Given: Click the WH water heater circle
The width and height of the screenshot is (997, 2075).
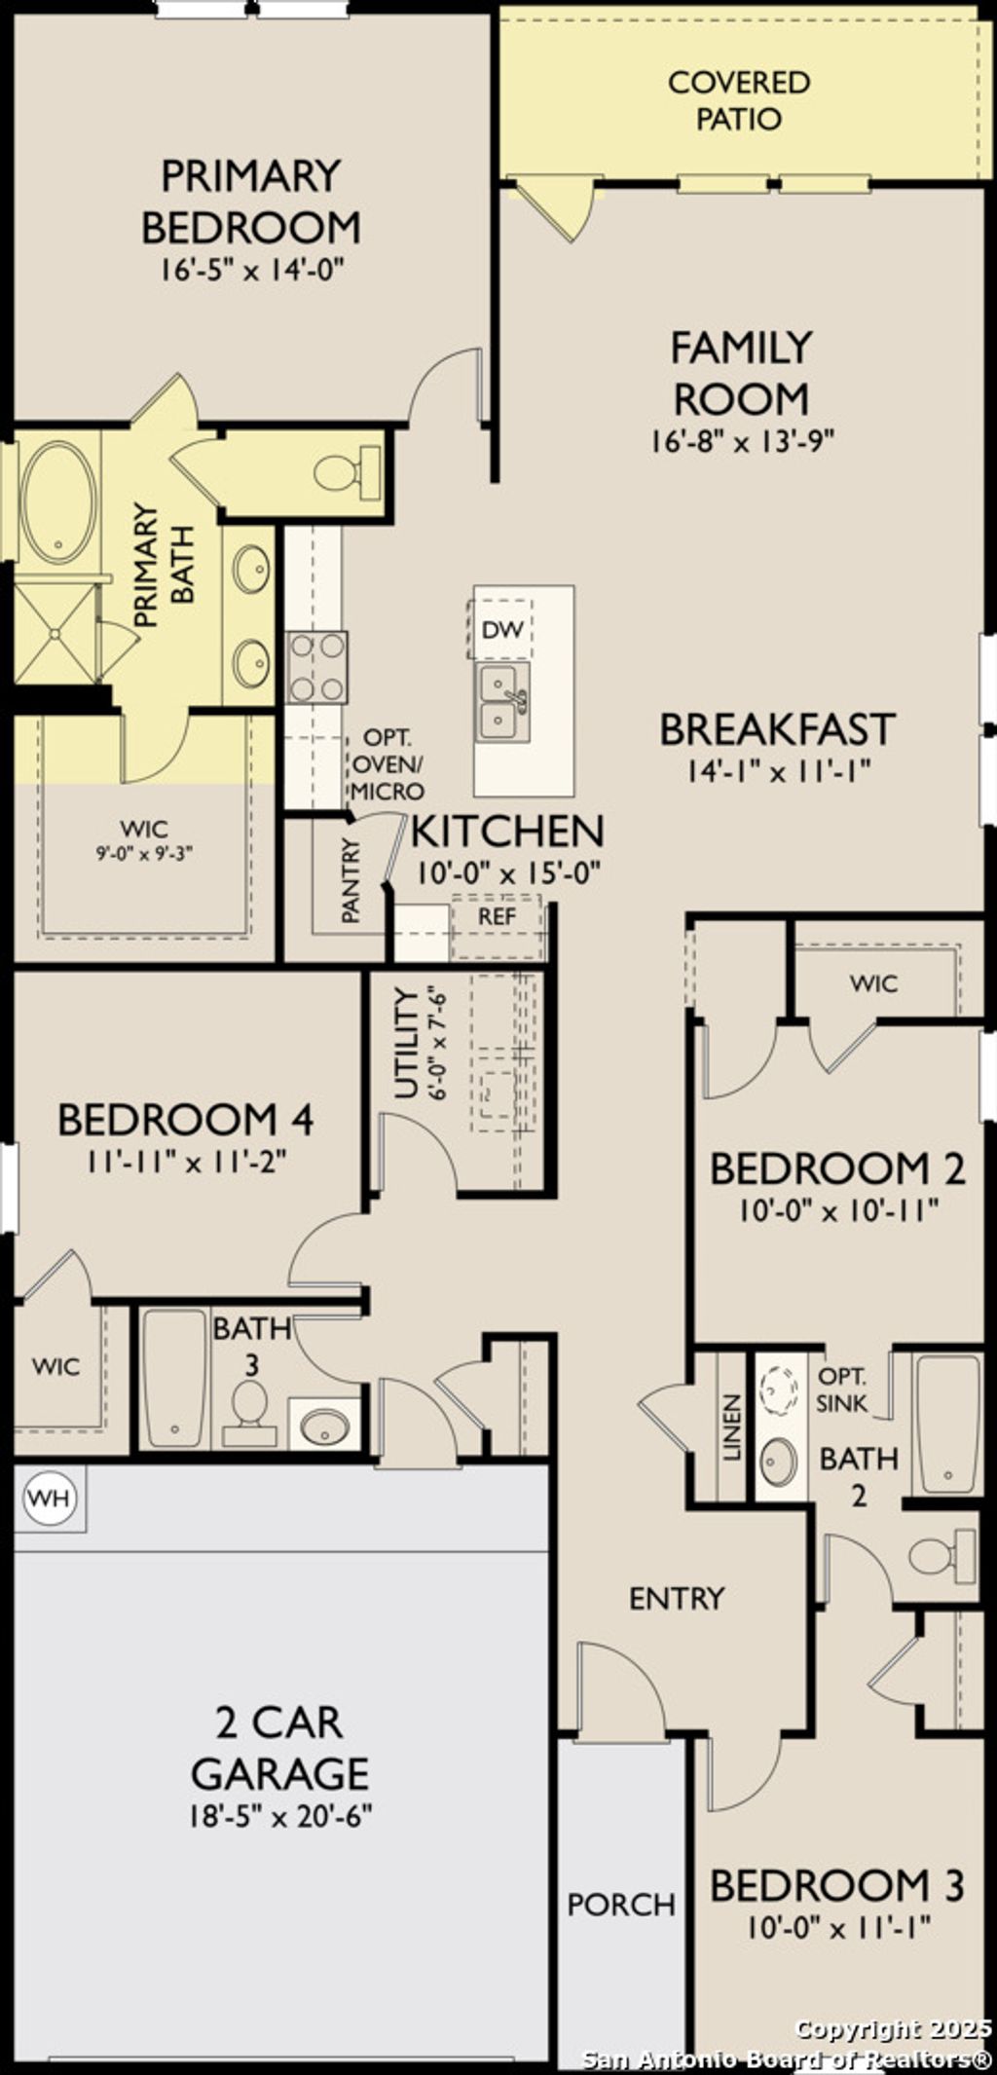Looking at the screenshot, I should tap(49, 1498).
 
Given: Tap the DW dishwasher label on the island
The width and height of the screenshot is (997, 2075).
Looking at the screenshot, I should tap(502, 630).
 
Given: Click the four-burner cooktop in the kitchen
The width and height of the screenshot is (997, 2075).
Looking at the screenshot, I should tap(316, 667).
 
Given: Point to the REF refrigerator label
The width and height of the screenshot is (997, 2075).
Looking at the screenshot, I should tap(497, 917).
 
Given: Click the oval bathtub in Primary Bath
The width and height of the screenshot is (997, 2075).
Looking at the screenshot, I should tap(58, 502).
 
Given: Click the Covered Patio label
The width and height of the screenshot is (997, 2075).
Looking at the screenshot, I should tap(738, 100).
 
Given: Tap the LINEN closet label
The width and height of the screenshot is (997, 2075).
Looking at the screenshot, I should tap(732, 1427).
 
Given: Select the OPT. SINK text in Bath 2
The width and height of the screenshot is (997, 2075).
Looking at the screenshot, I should tap(841, 1390).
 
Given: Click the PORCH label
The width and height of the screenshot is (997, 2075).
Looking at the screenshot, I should tap(621, 1905).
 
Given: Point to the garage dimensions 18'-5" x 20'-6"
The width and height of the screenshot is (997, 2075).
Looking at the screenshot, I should tap(281, 1816).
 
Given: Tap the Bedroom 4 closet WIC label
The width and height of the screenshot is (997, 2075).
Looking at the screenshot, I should tap(55, 1366).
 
